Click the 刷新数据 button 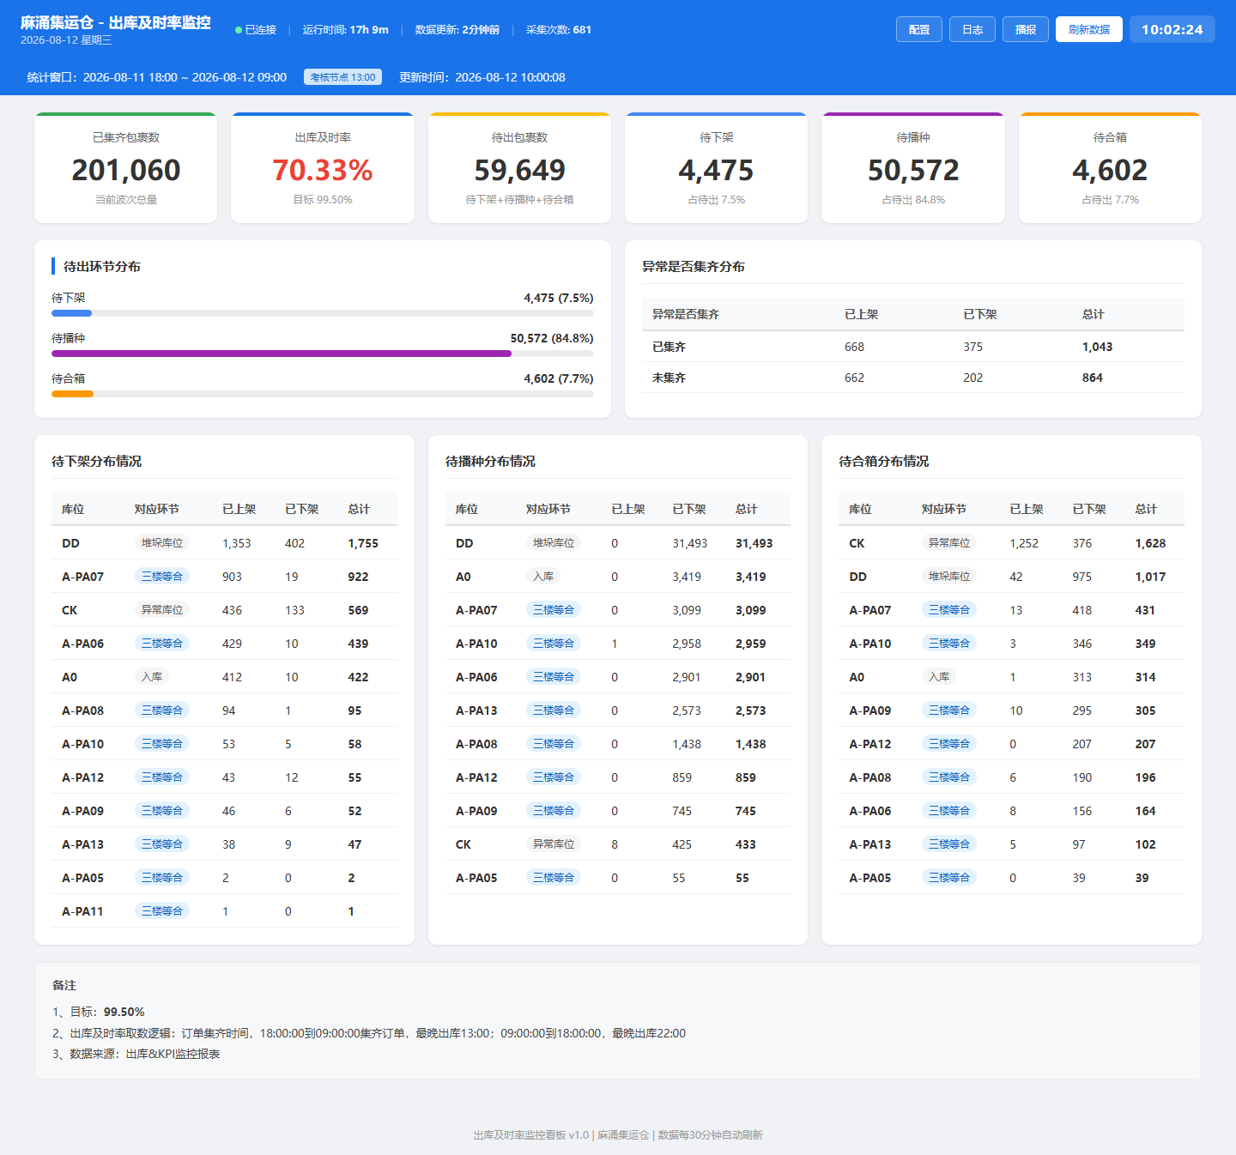point(1088,29)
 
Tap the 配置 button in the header point(918,29)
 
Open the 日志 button point(972,29)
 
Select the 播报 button point(1026,29)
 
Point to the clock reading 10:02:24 point(1172,29)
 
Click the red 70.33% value point(323,170)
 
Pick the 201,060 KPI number point(125,170)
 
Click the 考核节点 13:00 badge point(343,77)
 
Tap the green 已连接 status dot point(239,30)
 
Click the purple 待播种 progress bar point(282,354)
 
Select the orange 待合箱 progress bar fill point(72,394)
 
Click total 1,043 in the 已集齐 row point(1097,347)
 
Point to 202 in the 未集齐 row point(972,378)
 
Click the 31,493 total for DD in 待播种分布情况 point(754,543)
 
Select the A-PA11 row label point(82,911)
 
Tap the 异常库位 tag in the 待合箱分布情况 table point(949,542)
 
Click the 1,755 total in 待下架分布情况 point(363,543)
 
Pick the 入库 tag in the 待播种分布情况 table point(542,577)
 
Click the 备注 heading point(64,985)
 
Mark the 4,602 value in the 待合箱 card point(1110,170)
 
